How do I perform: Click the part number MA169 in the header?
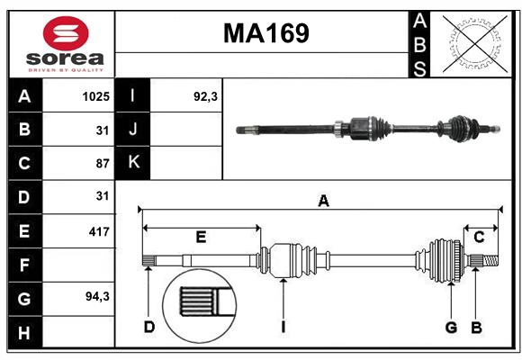point(265,33)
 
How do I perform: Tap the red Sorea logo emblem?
point(66,33)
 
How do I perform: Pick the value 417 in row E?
point(99,231)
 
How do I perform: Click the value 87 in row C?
point(102,163)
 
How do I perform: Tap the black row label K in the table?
point(134,163)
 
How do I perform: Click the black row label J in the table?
point(134,130)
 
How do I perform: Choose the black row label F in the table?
point(24,265)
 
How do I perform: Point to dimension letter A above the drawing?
point(323,202)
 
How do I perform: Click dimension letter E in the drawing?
point(201,238)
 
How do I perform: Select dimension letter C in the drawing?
point(479,238)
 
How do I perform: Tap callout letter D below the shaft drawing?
point(149,328)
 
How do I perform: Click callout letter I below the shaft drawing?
point(283,328)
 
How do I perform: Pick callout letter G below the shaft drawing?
point(451,328)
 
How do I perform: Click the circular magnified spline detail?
point(201,301)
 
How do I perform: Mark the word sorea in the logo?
point(66,59)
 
